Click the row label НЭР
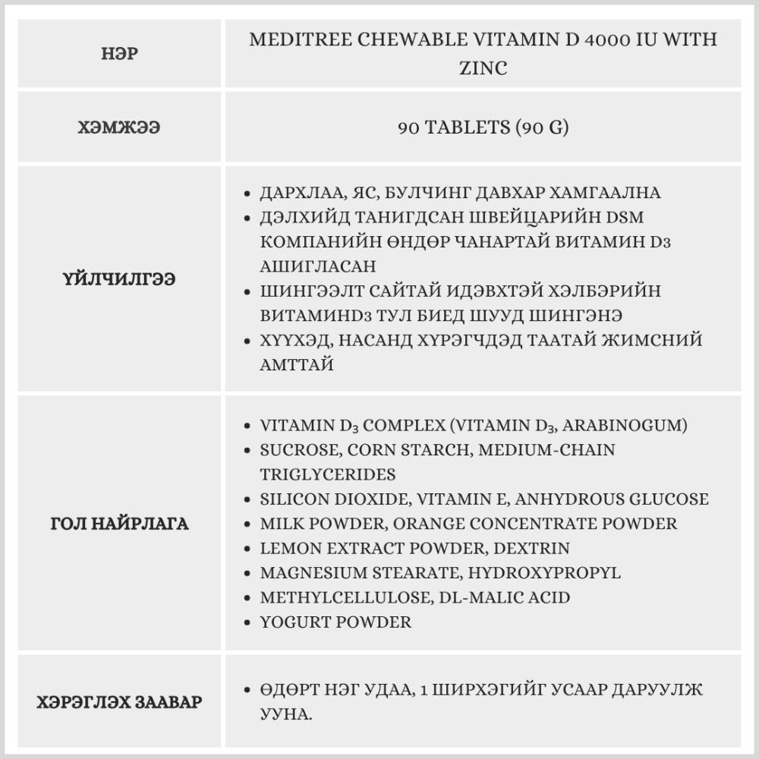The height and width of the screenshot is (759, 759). (119, 54)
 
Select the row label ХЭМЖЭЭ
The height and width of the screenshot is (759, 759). (119, 128)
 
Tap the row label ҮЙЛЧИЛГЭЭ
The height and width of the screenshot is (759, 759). (119, 279)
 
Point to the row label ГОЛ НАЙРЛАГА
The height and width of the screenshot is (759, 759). (119, 524)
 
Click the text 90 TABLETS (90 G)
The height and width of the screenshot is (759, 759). (483, 128)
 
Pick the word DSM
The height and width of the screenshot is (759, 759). (623, 217)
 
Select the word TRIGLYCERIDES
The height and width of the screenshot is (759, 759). (327, 474)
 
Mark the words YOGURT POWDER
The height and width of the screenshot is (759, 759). (335, 622)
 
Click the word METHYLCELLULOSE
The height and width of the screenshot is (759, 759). (345, 597)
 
